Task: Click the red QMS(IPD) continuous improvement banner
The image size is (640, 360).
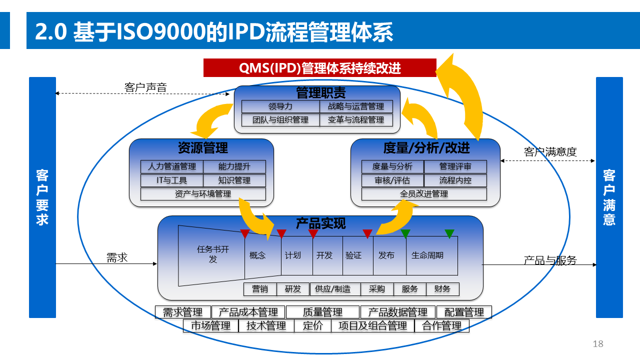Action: tap(320, 68)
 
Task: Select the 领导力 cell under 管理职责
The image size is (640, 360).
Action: tap(280, 106)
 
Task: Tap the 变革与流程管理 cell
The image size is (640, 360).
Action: tap(356, 120)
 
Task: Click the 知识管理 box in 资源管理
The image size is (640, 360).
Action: tap(234, 180)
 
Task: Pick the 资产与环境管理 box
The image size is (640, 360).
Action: tap(203, 194)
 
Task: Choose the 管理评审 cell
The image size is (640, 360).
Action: tap(455, 167)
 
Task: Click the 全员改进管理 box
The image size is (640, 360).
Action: tap(424, 194)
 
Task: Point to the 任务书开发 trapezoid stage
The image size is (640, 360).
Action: tap(212, 254)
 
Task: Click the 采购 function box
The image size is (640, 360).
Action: tap(376, 289)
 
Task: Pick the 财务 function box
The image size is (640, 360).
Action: tap(442, 289)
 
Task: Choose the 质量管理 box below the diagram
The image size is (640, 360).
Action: tap(322, 312)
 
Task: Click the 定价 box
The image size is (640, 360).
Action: tap(313, 326)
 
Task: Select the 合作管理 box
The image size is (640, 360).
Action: tap(441, 326)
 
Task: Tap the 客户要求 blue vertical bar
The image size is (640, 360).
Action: tap(42, 197)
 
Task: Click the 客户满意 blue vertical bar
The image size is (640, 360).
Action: tap(609, 197)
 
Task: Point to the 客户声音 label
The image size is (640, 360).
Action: tap(145, 88)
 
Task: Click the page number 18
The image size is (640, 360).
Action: tap(598, 344)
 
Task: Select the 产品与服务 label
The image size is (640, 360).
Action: tap(550, 260)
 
